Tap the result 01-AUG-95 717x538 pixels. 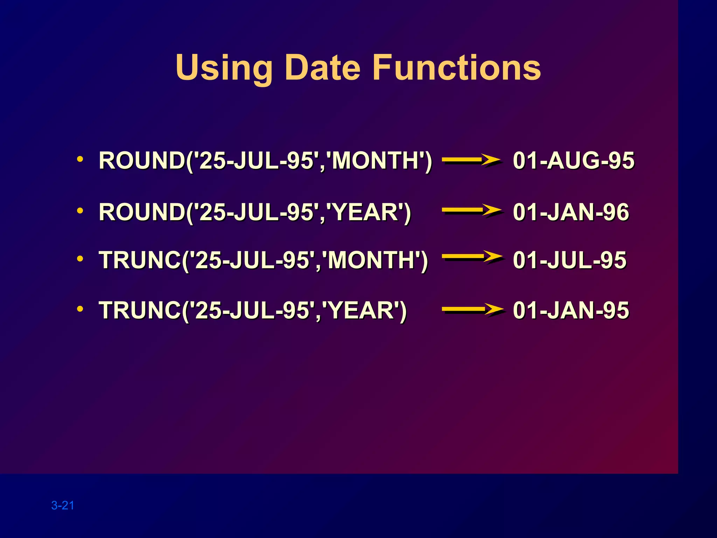(573, 160)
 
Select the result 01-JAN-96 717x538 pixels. (571, 212)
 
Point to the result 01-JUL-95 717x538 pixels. (569, 260)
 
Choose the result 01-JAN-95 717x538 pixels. (571, 310)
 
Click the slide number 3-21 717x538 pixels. (63, 505)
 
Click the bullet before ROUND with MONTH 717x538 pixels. (80, 159)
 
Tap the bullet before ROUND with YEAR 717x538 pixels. (80, 211)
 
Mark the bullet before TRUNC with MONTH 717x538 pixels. (80, 259)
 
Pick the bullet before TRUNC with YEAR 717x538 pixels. (80, 309)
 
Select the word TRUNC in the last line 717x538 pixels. (140, 310)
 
